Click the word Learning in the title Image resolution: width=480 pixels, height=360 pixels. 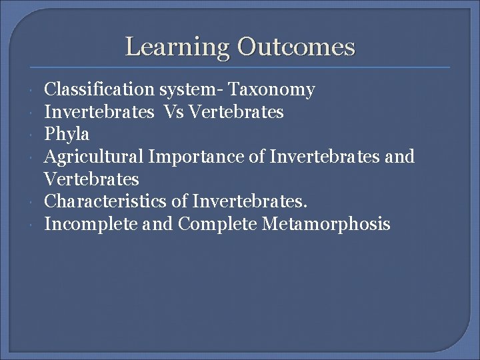tap(177, 47)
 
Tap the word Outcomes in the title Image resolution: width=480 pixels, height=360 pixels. tap(296, 47)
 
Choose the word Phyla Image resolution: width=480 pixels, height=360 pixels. tap(67, 134)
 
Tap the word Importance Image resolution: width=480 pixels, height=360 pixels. tap(191, 157)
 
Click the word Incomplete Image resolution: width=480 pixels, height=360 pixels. tap(90, 224)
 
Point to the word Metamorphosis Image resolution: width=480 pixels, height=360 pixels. tap(326, 224)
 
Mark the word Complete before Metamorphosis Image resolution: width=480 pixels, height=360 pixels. tap(217, 224)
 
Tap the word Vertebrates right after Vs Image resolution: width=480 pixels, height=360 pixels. tap(237, 112)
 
